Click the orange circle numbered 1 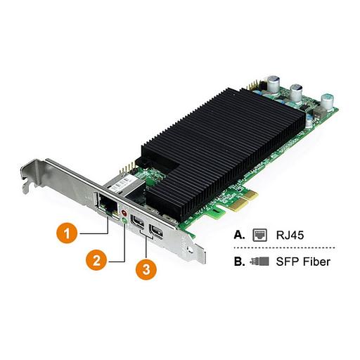tap(66, 233)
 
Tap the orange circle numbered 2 tap(98, 261)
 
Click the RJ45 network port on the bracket tap(110, 206)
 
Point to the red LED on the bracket tap(125, 211)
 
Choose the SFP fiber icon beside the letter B tap(261, 262)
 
